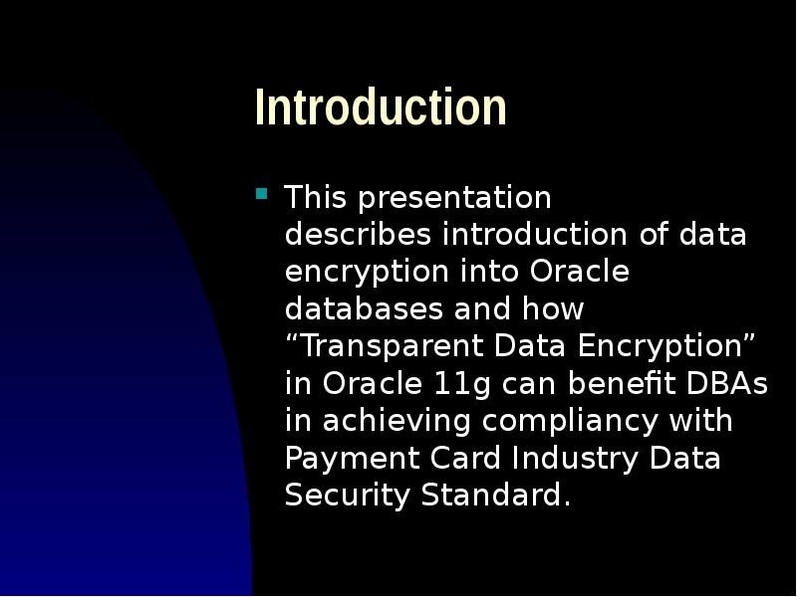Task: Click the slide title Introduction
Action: click(381, 107)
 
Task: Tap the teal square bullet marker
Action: click(262, 194)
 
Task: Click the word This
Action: click(315, 198)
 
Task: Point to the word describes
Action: click(358, 235)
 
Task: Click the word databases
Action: click(364, 309)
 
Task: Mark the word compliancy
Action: click(570, 422)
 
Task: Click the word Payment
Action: click(344, 459)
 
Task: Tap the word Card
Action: click(466, 458)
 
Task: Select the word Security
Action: click(349, 496)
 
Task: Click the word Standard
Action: click(495, 495)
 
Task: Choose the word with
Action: click(699, 421)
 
